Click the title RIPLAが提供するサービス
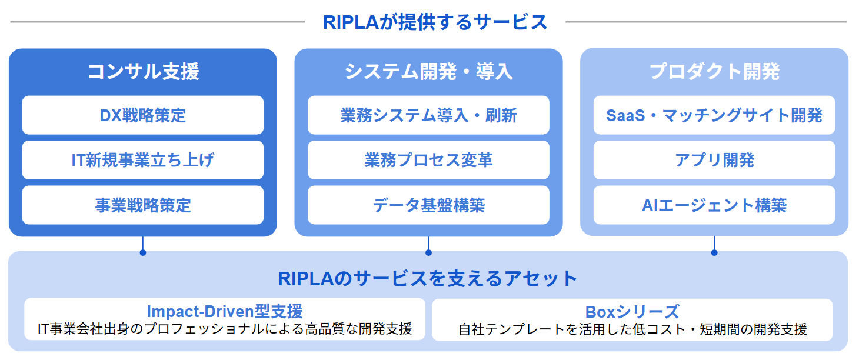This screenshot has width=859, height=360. [435, 22]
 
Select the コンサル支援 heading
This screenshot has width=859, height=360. [143, 71]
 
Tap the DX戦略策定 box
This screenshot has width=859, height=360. [143, 115]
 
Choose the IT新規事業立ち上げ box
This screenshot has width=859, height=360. [143, 160]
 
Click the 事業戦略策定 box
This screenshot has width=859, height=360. [143, 205]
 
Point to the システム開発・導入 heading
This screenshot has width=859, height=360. [428, 71]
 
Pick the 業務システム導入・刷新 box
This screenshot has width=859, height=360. [428, 115]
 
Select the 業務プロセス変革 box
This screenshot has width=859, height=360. [428, 160]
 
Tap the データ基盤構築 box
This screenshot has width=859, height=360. [428, 205]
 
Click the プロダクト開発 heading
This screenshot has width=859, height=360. [714, 71]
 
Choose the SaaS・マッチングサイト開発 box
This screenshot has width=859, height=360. [714, 115]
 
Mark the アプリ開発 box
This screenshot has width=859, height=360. [714, 160]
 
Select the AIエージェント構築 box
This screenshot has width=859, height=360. [714, 205]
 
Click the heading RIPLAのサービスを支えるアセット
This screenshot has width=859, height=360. [428, 278]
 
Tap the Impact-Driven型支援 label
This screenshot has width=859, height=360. [225, 311]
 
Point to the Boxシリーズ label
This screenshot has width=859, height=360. [632, 311]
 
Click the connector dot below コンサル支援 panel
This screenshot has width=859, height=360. [143, 252]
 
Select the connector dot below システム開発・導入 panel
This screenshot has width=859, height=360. [428, 252]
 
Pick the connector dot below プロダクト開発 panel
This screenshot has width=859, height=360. [714, 252]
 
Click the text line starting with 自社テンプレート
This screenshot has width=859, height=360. [632, 329]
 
